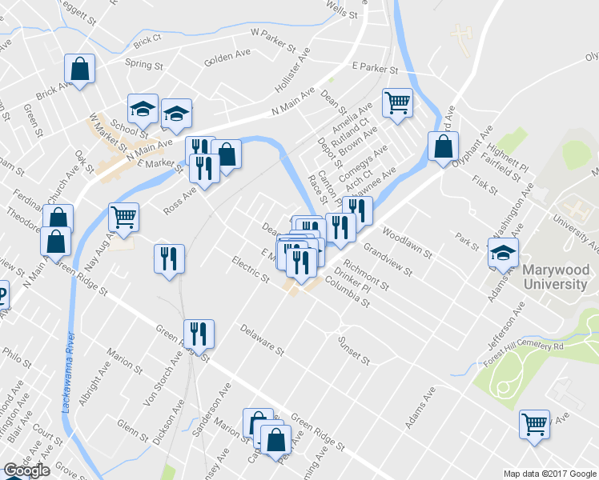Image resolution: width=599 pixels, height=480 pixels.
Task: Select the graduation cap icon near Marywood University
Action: click(x=503, y=254)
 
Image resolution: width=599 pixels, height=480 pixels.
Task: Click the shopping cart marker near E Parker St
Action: click(x=397, y=102)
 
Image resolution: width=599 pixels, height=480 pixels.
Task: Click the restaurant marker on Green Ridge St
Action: click(x=198, y=334)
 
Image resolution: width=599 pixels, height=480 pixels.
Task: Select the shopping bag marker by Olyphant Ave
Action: click(x=443, y=146)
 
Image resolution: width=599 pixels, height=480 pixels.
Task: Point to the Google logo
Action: click(x=26, y=471)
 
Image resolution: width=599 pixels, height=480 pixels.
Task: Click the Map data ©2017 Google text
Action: click(x=550, y=474)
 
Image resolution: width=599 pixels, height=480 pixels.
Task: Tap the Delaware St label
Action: click(x=262, y=340)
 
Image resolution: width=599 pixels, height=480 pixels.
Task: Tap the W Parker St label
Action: click(x=272, y=34)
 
